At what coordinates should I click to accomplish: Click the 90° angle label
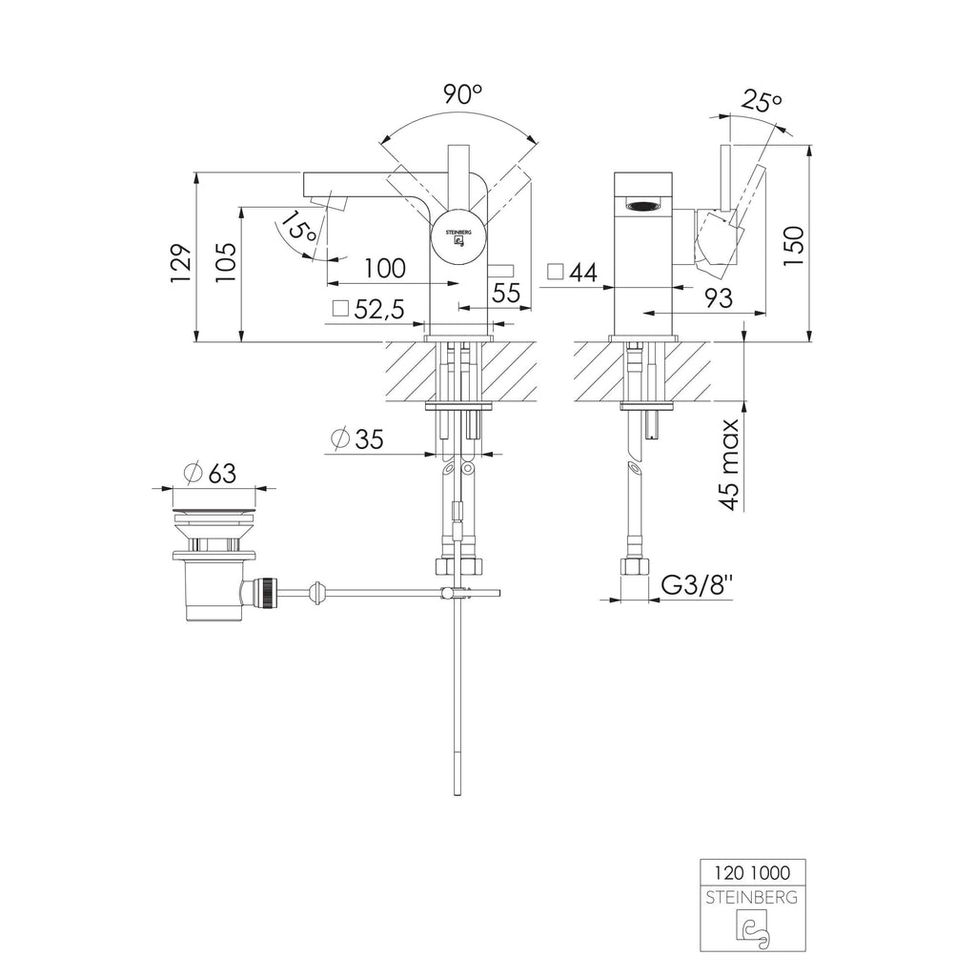click(x=463, y=94)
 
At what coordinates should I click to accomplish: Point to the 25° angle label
click(x=762, y=100)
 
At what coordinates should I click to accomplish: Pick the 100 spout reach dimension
click(x=385, y=269)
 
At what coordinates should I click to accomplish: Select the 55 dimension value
click(x=505, y=293)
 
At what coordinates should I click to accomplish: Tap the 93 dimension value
click(x=719, y=298)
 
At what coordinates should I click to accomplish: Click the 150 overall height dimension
click(x=793, y=247)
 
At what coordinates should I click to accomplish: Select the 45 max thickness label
click(x=730, y=464)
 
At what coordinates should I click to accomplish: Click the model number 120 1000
click(x=752, y=873)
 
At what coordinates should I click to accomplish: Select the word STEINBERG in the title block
click(x=752, y=898)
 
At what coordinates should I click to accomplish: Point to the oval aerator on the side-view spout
click(x=643, y=204)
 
